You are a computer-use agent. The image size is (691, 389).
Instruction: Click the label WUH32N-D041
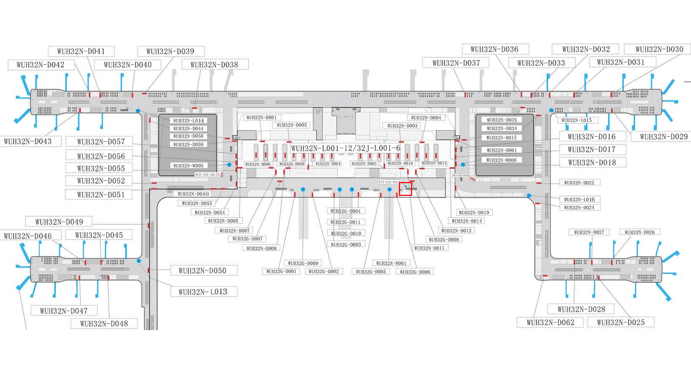pos(81,51)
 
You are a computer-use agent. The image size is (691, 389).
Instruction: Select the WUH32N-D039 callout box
pos(170,51)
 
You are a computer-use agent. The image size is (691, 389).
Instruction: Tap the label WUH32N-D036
pos(494,49)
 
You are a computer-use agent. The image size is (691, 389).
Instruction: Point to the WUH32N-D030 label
pos(659,49)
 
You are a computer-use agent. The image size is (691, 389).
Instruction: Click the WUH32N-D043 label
pos(28,141)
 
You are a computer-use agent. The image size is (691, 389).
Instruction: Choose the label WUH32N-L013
pos(203,292)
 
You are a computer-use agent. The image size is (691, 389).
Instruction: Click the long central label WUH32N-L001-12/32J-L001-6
pos(346,148)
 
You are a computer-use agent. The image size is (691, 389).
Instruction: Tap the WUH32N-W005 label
pos(188,166)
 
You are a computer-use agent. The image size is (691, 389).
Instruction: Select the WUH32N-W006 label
pos(502,160)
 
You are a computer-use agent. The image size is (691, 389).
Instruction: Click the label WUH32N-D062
pos(550,322)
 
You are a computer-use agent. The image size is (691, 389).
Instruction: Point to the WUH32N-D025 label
pos(621,322)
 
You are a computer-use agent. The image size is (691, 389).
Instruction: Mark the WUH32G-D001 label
pos(281,271)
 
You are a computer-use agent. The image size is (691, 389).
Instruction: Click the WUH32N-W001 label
pos(391,263)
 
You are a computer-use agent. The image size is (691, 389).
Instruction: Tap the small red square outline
pos(405,189)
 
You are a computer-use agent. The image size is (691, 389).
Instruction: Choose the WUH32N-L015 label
pos(577,120)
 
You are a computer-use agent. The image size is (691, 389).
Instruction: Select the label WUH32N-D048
pos(104,324)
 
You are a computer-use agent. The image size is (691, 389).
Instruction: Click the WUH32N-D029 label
pos(664,137)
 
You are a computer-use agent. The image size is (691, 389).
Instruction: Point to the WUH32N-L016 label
pos(580,200)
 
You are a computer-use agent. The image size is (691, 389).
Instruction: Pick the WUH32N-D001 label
pos(262,118)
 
